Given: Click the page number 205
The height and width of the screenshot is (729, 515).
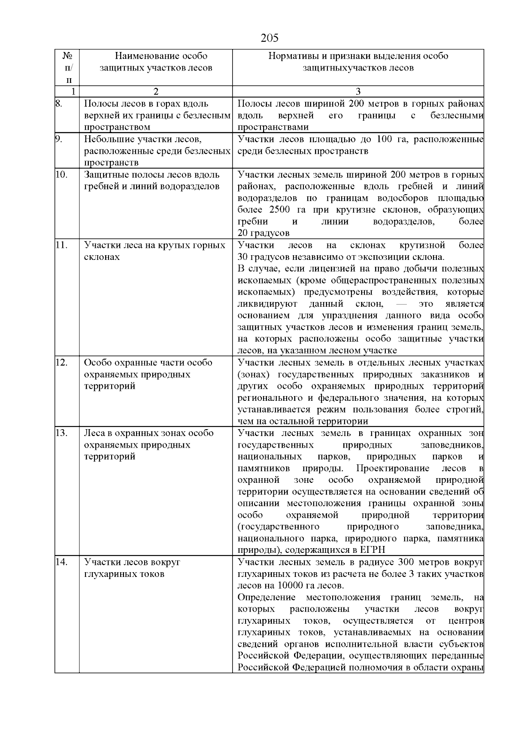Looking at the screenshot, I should (270, 38).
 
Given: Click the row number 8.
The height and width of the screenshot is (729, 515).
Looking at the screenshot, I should (59, 104).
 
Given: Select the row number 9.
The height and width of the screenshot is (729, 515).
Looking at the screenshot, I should (59, 139).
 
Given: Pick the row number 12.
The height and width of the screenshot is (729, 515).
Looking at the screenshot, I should (61, 363).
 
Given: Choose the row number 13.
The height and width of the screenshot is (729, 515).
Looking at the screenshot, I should (61, 433).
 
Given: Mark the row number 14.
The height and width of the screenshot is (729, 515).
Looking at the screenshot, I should (61, 562).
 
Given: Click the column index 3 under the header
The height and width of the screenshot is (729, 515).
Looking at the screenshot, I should (358, 92).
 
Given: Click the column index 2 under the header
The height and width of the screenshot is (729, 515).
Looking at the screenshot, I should (156, 92).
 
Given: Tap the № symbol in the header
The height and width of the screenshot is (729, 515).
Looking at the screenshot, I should (67, 56).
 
